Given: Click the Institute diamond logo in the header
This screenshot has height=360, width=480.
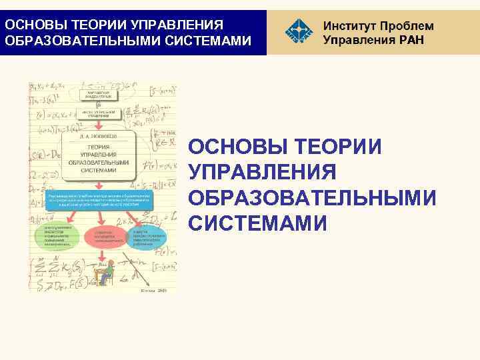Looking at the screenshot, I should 297,31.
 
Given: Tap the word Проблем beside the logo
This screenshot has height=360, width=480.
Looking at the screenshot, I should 407,26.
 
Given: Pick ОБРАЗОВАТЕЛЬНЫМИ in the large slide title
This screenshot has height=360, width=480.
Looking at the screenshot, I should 313,198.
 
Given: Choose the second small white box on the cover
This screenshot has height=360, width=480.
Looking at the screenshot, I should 99,113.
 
